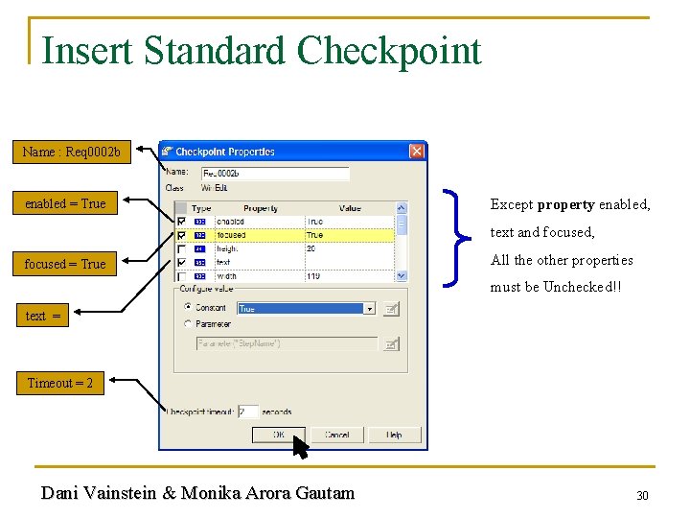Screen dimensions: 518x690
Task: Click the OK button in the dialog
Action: [x=278, y=435]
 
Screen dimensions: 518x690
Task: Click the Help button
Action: [x=394, y=435]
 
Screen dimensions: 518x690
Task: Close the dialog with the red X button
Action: [x=417, y=152]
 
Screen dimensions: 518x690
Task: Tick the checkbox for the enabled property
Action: [x=181, y=222]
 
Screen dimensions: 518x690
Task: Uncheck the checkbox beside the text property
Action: [x=181, y=262]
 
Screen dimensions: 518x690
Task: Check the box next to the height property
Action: [x=181, y=248]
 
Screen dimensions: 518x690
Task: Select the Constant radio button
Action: [x=187, y=308]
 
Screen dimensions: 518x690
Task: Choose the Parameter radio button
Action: [x=187, y=324]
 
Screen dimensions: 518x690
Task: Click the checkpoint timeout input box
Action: [x=247, y=412]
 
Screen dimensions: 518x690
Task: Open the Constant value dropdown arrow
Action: [x=369, y=309]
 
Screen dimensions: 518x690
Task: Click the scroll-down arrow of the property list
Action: [x=402, y=275]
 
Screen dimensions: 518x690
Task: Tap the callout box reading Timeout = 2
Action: [x=60, y=383]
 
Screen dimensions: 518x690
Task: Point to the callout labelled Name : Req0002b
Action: [x=72, y=152]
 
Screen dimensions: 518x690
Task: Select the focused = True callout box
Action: [x=65, y=264]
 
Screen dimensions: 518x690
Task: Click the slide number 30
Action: [x=643, y=495]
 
